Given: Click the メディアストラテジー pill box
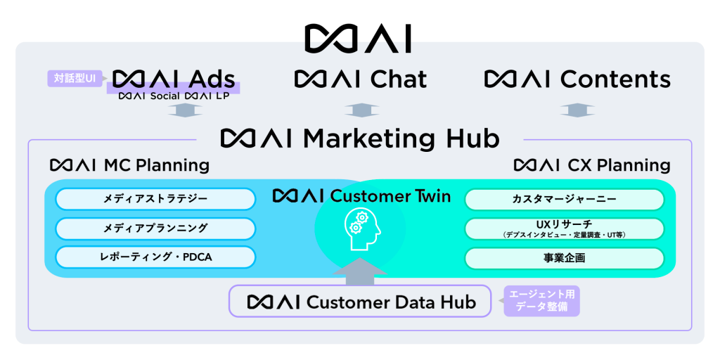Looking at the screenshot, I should pyautogui.click(x=155, y=199).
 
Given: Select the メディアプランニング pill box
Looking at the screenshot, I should pyautogui.click(x=155, y=228).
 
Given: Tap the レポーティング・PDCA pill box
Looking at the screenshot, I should pyautogui.click(x=155, y=257).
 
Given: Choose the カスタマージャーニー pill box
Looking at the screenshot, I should pyautogui.click(x=564, y=199).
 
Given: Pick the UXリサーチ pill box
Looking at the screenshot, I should pyautogui.click(x=564, y=228).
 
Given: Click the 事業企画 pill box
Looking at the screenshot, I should pyautogui.click(x=564, y=258).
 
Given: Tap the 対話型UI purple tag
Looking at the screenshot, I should pyautogui.click(x=75, y=78).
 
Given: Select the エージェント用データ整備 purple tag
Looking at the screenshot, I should pyautogui.click(x=541, y=301).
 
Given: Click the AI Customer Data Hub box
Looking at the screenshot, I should pyautogui.click(x=360, y=302).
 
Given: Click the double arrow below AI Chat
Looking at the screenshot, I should pyautogui.click(x=359, y=110).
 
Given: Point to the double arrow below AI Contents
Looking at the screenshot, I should pyautogui.click(x=577, y=110).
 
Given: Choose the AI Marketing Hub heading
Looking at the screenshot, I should pyautogui.click(x=360, y=138).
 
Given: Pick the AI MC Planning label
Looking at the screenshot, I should pyautogui.click(x=130, y=165).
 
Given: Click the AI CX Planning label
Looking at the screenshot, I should pyautogui.click(x=592, y=165).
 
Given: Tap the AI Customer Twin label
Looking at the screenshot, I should pyautogui.click(x=361, y=195).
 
